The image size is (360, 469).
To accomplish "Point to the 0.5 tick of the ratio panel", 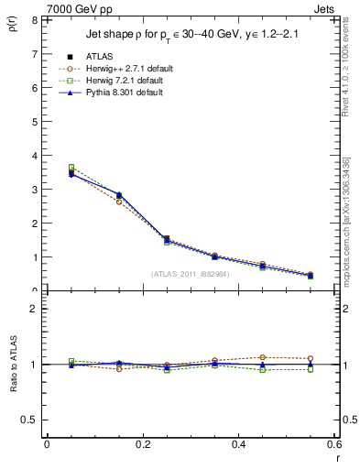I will [30, 420].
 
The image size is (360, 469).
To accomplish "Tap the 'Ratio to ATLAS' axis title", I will [13, 364].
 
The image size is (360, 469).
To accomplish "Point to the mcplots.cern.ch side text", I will [349, 220].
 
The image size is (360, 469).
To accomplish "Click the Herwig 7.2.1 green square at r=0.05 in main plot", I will [71, 168].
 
